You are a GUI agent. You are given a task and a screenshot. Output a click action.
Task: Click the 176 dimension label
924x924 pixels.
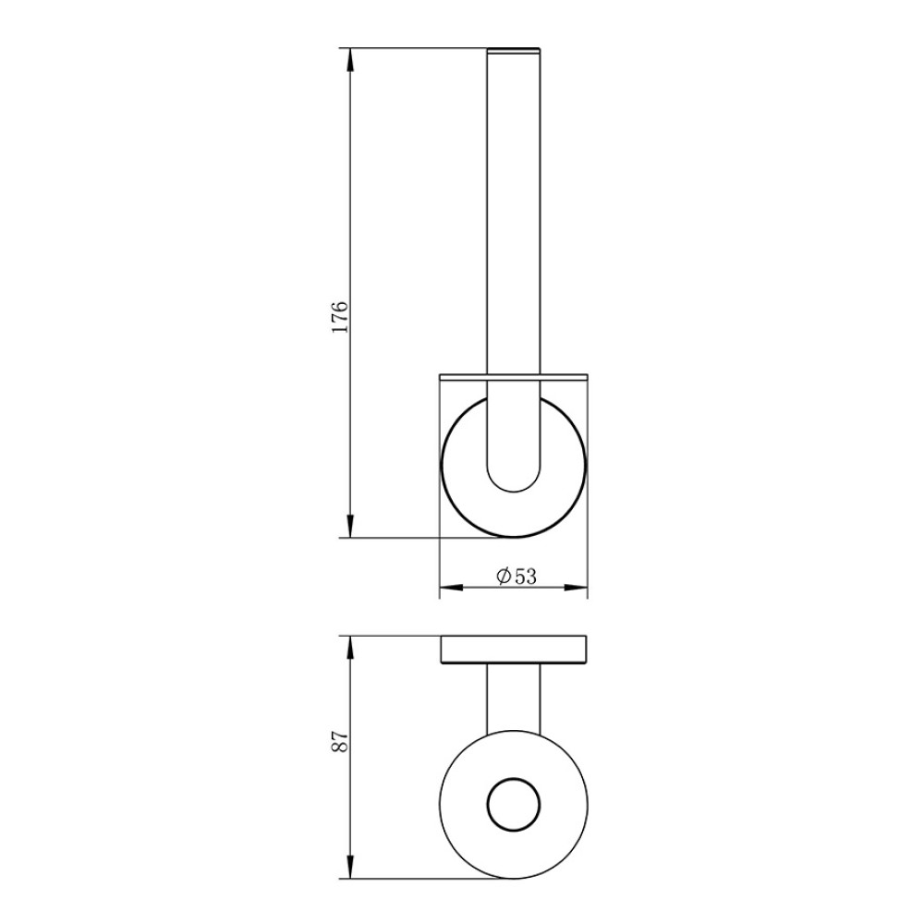tap(340, 317)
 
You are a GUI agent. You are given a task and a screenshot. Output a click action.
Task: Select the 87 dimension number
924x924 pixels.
tap(340, 741)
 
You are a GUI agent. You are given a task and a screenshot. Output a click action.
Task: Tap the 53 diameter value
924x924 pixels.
tap(526, 577)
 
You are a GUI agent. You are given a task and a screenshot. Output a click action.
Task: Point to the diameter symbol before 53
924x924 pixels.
tap(504, 576)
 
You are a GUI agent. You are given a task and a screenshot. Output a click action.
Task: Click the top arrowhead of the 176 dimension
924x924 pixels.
tap(350, 60)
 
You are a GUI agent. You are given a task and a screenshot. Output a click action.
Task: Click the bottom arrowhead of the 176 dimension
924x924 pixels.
tap(350, 525)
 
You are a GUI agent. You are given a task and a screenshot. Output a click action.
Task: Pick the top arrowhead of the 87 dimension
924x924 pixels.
tap(350, 649)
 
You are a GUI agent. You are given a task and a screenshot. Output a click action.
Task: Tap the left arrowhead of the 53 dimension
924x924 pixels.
tap(452, 588)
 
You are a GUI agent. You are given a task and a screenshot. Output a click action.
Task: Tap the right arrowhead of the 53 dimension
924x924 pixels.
tap(575, 588)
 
